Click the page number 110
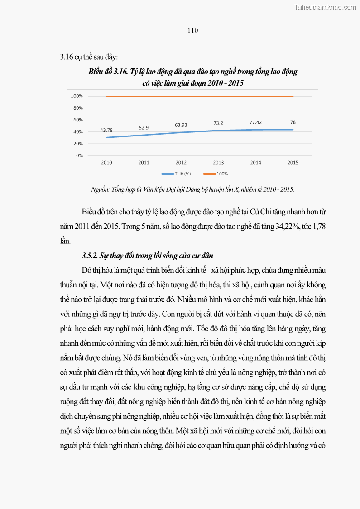coord(192,30)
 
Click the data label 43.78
coord(106,130)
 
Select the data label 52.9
coord(144,127)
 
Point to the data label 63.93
coord(181,125)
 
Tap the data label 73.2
coord(218,123)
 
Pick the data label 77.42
coord(255,122)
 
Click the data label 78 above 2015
coord(293,122)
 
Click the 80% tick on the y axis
coord(77,108)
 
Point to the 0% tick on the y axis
coord(79,155)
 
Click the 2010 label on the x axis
coord(106,162)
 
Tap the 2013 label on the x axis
coord(218,162)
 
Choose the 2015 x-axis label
coord(293,162)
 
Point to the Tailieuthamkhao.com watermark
coord(325,7)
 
